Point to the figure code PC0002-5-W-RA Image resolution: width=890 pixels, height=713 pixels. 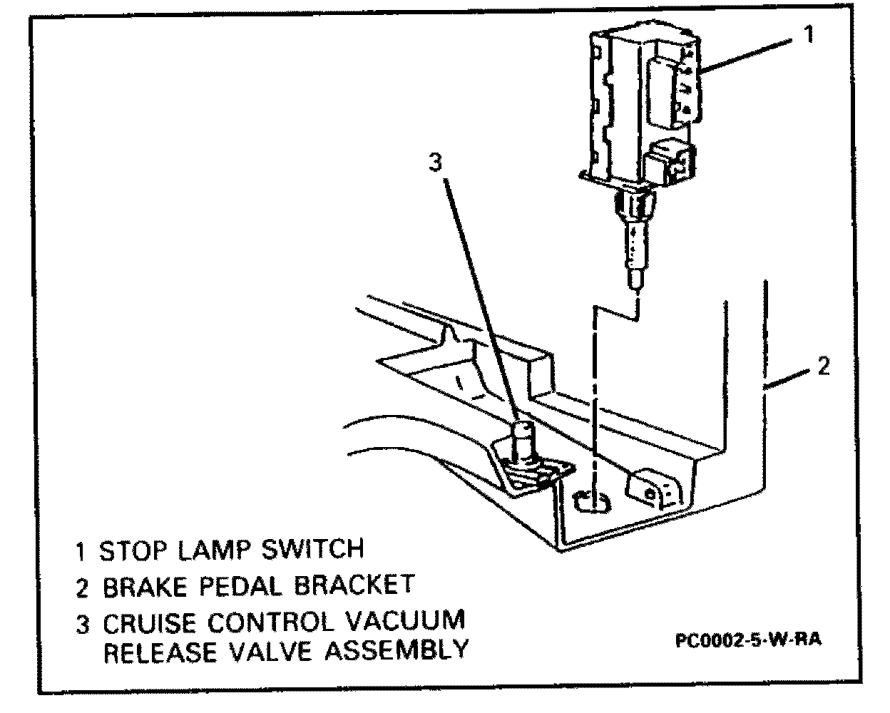point(749,640)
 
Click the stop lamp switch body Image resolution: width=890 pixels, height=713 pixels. point(642,100)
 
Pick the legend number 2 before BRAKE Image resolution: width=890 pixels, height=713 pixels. point(83,588)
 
